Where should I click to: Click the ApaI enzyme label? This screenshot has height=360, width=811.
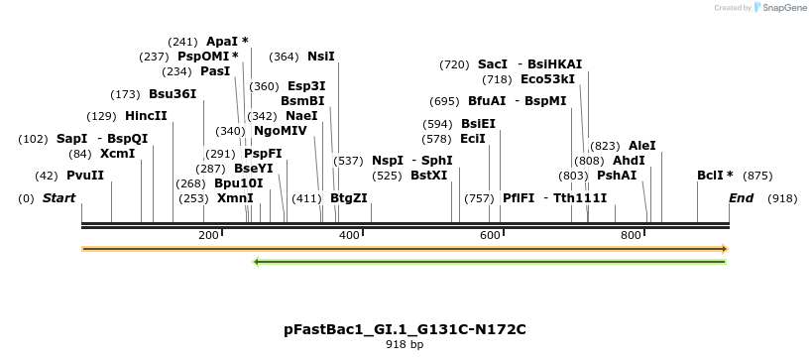point(222,42)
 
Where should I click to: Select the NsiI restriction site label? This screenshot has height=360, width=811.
point(321,57)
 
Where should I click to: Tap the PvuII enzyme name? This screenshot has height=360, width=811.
point(85,176)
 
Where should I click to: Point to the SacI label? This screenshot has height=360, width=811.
point(493,64)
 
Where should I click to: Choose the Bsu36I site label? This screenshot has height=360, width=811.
point(173,94)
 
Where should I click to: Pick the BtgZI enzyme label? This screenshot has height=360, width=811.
point(349,197)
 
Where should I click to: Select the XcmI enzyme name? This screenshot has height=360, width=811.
point(117,154)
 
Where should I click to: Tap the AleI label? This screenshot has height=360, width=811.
point(642,145)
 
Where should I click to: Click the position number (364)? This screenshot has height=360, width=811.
point(284,57)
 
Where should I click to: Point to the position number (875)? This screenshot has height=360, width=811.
point(757,176)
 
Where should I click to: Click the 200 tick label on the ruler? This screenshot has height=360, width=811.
point(208,235)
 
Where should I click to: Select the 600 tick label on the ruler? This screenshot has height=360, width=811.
point(490,235)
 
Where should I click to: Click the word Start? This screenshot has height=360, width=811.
point(58,198)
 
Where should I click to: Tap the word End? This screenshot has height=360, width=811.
point(742,198)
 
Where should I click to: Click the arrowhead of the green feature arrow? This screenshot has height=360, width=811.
point(258,262)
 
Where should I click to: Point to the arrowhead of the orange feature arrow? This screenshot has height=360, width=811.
point(725,248)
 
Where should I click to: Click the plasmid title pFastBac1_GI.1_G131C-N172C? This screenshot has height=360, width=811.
point(405,329)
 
